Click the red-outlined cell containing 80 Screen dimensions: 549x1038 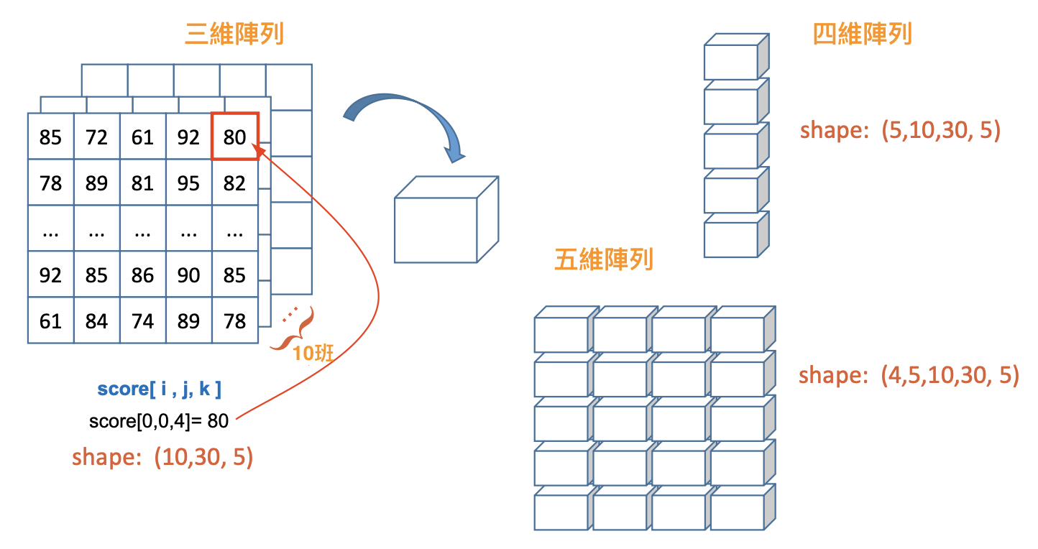(x=234, y=137)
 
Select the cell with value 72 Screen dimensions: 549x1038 (x=96, y=137)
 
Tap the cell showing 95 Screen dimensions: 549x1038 (x=188, y=183)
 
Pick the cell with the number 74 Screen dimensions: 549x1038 (x=142, y=321)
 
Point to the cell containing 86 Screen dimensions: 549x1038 (x=142, y=275)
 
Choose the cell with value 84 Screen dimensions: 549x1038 (x=96, y=321)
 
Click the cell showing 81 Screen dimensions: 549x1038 (x=142, y=183)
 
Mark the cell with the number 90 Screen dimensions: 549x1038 (x=188, y=275)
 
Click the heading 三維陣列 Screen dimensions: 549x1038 (x=234, y=34)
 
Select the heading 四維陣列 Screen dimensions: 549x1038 (x=862, y=34)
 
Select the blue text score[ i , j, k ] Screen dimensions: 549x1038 (x=159, y=389)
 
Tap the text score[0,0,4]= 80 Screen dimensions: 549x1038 (x=159, y=421)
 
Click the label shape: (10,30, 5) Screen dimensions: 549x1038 (x=162, y=458)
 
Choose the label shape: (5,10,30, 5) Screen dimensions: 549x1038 (x=900, y=131)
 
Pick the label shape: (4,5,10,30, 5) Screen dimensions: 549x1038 (x=909, y=375)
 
